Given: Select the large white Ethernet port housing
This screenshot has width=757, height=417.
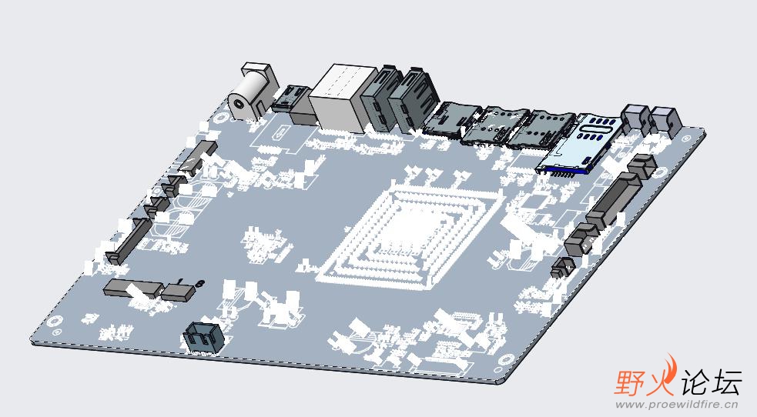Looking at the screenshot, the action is pyautogui.click(x=341, y=98).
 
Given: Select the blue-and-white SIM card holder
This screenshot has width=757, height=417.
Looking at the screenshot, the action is pyautogui.click(x=579, y=144).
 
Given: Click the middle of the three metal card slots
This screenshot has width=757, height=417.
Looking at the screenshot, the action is pyautogui.click(x=496, y=126).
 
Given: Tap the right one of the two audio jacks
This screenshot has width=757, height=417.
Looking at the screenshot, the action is pyautogui.click(x=665, y=121).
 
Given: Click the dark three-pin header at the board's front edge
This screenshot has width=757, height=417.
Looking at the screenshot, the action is pyautogui.click(x=203, y=337).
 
